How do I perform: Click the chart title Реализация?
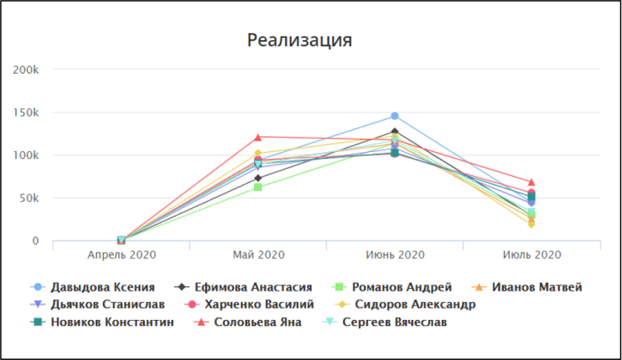(x=299, y=41)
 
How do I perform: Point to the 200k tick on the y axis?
(x=26, y=70)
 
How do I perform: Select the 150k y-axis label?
(x=26, y=113)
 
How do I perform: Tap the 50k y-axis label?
(x=28, y=198)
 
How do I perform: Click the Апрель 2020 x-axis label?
(x=122, y=255)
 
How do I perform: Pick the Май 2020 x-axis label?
(x=259, y=255)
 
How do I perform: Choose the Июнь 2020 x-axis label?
(x=395, y=255)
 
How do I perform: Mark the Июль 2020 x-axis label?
(x=532, y=255)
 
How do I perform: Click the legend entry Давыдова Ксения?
(x=92, y=287)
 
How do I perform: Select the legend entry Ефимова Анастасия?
(x=243, y=287)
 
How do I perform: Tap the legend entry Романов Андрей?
(x=392, y=287)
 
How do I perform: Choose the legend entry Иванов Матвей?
(x=527, y=287)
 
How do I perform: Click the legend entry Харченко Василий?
(x=250, y=304)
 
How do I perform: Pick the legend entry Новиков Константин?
(x=102, y=322)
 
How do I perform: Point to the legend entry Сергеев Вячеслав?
(x=385, y=322)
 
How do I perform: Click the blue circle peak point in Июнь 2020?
(x=395, y=116)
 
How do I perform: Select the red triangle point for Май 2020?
(x=258, y=137)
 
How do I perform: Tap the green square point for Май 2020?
(x=258, y=187)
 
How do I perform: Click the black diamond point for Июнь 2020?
(x=395, y=131)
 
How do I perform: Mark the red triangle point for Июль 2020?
(x=531, y=182)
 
